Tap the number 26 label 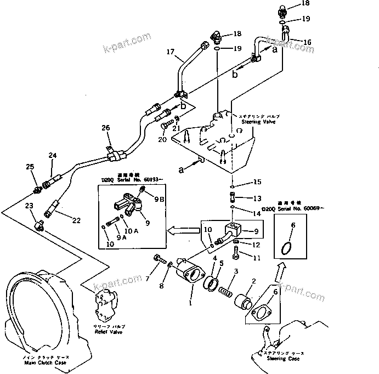tap(105, 128)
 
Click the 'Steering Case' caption tap(284, 359)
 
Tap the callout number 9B tap(159, 200)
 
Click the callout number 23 tap(29, 206)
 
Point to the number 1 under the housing tap(190, 301)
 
